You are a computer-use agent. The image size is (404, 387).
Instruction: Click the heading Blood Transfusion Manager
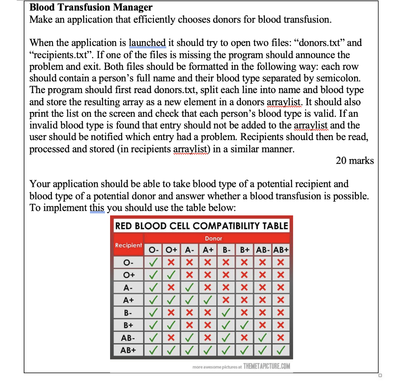(x=91, y=7)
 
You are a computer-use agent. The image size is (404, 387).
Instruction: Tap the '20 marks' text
(x=354, y=161)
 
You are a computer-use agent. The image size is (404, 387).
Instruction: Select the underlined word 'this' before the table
(x=97, y=208)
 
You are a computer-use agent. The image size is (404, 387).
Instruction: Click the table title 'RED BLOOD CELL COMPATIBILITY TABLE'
(x=202, y=226)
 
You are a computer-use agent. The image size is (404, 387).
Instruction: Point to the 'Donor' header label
(x=213, y=238)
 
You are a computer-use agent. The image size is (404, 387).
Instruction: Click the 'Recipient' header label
(x=128, y=245)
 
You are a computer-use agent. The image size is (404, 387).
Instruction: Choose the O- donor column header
(x=154, y=250)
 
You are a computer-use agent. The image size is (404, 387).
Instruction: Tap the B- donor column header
(x=226, y=250)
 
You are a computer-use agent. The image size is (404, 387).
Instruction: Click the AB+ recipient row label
(x=128, y=350)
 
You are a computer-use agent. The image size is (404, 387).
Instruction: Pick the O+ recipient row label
(x=128, y=275)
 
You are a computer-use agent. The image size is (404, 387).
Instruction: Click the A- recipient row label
(x=128, y=287)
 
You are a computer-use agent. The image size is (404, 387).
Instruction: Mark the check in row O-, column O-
(x=154, y=262)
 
